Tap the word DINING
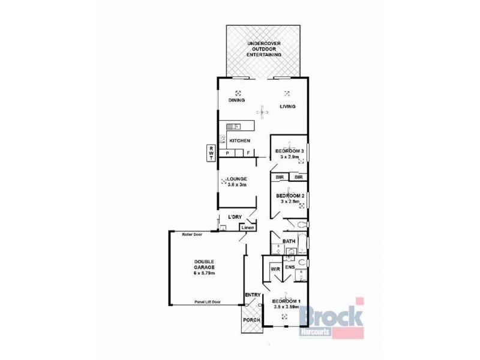236,101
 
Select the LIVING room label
288,107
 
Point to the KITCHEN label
239,140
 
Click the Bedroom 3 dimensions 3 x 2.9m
290,157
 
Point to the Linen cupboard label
247,227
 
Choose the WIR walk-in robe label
276,269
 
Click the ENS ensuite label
289,267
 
